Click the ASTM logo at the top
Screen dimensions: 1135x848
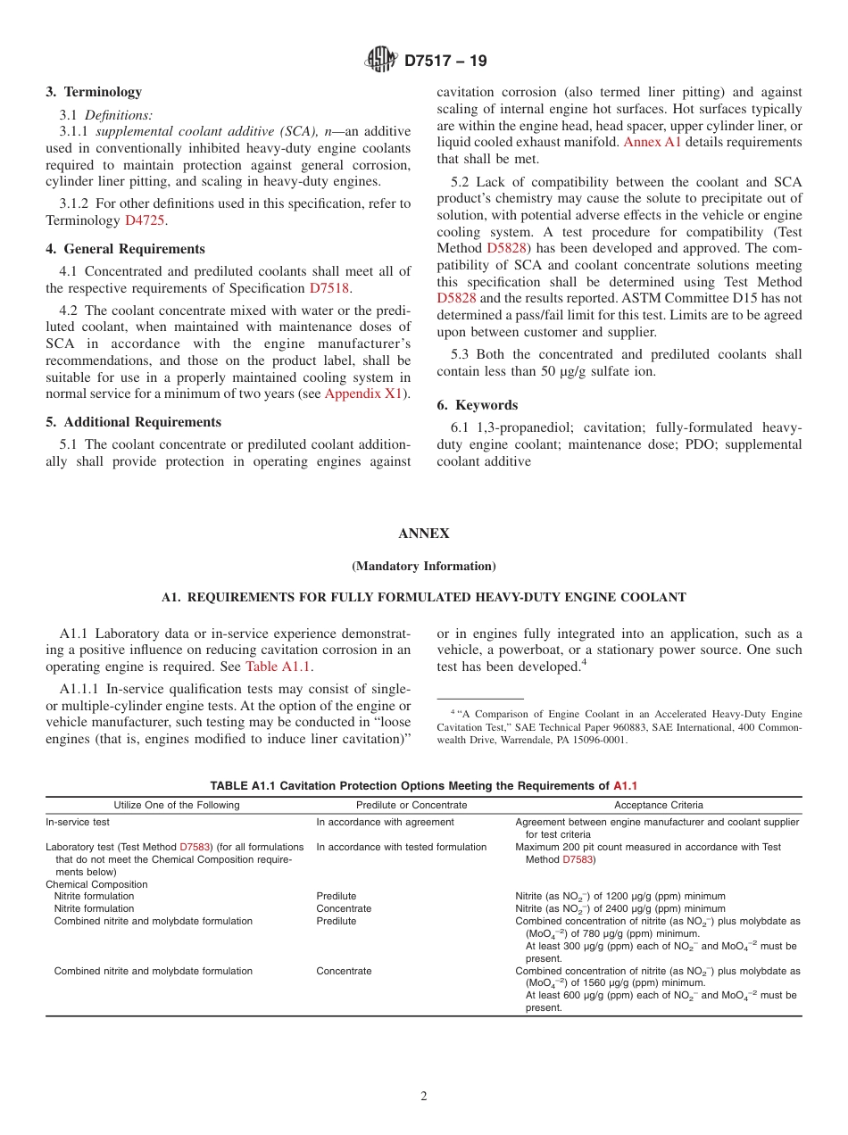381,60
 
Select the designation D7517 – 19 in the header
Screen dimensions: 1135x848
445,61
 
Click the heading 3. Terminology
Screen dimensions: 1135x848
94,92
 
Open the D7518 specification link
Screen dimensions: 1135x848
329,287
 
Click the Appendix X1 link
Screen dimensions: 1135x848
364,393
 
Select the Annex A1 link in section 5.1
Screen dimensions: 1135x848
652,142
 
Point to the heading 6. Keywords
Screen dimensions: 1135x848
477,404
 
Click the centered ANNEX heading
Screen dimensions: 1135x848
423,534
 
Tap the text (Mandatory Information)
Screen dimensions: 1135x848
423,566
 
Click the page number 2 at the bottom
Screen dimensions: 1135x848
424,1097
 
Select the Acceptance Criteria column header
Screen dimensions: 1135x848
658,805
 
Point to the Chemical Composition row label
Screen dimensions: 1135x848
96,884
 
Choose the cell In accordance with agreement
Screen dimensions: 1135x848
385,822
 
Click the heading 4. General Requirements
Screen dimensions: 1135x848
125,249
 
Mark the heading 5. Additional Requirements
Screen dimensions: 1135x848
133,422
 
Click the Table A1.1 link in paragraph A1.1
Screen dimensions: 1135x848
278,666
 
